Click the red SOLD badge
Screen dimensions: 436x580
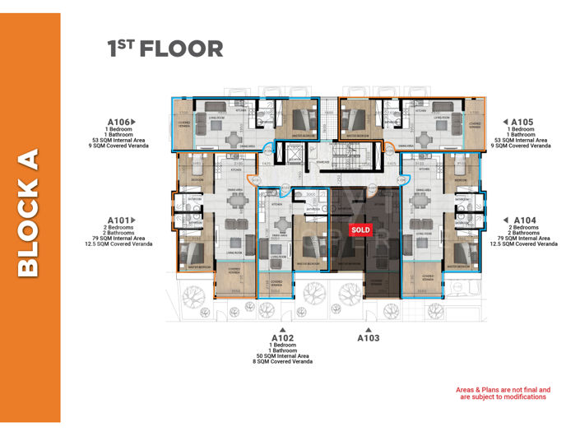[361, 230]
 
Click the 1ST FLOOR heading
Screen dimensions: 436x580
[165, 49]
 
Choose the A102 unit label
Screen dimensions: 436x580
[282, 337]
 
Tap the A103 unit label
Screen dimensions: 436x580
[368, 337]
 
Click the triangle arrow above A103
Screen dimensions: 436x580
[368, 328]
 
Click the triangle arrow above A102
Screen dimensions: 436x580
[282, 328]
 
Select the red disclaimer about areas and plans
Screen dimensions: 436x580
[503, 393]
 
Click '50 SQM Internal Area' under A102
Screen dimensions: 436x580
[282, 355]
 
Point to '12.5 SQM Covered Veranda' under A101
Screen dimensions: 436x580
[118, 244]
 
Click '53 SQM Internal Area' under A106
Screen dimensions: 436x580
[119, 141]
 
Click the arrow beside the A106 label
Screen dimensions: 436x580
[132, 122]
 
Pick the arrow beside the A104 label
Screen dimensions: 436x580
[505, 220]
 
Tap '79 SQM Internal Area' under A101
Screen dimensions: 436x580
[119, 239]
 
